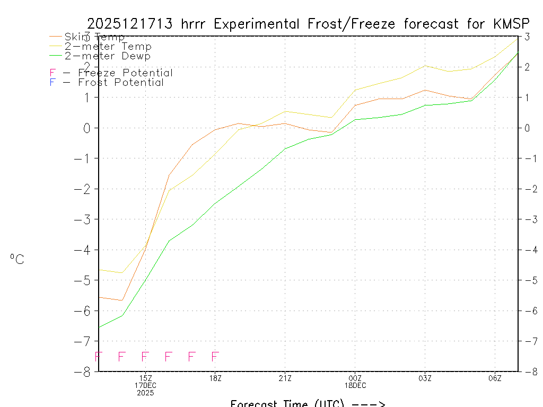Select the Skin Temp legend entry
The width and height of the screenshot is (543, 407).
[x=94, y=37]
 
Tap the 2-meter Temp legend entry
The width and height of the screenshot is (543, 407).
[x=108, y=47]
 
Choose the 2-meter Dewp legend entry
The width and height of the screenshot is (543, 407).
[x=107, y=56]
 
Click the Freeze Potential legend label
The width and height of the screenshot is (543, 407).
[x=125, y=73]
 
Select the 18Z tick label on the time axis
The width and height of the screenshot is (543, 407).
[x=215, y=378]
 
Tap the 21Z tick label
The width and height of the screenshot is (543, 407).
[x=285, y=378]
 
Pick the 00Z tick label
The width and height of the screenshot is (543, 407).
[x=355, y=378]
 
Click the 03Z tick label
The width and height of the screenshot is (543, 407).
[x=425, y=378]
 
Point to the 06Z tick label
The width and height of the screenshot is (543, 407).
[x=495, y=378]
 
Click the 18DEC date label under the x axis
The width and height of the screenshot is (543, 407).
[x=355, y=385]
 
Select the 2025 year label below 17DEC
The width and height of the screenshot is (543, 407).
[x=145, y=393]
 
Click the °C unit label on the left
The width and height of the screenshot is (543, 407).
[x=17, y=259]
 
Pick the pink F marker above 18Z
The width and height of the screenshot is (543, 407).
[x=215, y=357]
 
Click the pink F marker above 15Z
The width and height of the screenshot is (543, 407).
[x=145, y=357]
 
